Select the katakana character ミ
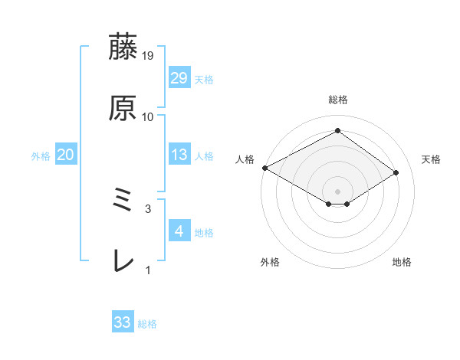click(x=123, y=201)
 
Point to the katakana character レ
click(x=123, y=262)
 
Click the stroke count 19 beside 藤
click(x=148, y=55)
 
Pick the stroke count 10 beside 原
click(x=148, y=117)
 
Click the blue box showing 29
click(x=179, y=78)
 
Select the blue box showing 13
click(x=179, y=155)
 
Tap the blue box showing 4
click(x=179, y=232)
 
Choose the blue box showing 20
click(x=65, y=155)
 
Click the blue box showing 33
click(x=123, y=323)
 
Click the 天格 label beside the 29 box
click(x=204, y=80)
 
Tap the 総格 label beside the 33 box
click(x=147, y=325)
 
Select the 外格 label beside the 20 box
click(x=41, y=156)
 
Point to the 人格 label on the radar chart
click(x=245, y=159)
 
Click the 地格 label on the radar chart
click(x=402, y=263)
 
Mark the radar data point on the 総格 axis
click(x=337, y=130)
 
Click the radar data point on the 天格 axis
click(x=396, y=173)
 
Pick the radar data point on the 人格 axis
click(x=264, y=167)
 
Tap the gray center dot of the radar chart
click(x=337, y=191)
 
